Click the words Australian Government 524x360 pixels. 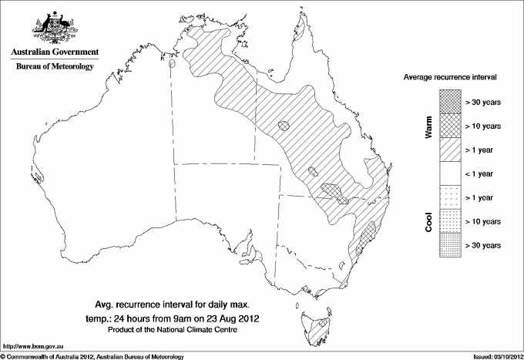coord(54,52)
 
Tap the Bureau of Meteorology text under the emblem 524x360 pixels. coord(54,66)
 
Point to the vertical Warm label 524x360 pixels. coord(429,126)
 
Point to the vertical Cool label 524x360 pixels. coord(429,221)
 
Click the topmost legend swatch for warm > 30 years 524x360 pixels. coord(450,101)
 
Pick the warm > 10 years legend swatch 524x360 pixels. coord(450,125)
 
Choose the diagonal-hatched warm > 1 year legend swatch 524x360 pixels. coord(450,149)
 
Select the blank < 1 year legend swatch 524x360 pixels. coord(450,173)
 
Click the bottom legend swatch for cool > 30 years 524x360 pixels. coord(450,245)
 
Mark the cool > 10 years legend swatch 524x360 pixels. coord(450,221)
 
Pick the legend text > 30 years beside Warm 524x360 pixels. coord(484,101)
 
